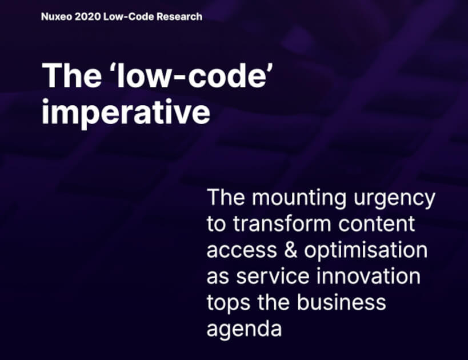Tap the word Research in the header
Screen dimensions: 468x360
tap(179, 17)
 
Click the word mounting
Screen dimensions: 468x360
tap(299, 198)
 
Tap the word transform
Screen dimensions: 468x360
tap(282, 223)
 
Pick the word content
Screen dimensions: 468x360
tap(377, 225)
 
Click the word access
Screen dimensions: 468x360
tap(242, 250)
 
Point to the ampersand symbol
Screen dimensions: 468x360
tap(291, 250)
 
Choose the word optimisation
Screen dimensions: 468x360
tap(366, 250)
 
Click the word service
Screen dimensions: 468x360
tap(273, 276)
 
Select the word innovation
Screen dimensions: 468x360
tap(369, 276)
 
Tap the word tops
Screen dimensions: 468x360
tap(229, 303)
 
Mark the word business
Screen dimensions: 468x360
tap(341, 302)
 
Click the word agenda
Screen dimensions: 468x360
tap(244, 330)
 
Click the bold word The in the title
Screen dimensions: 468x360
tap(71, 76)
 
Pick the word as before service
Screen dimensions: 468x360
tap(218, 277)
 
